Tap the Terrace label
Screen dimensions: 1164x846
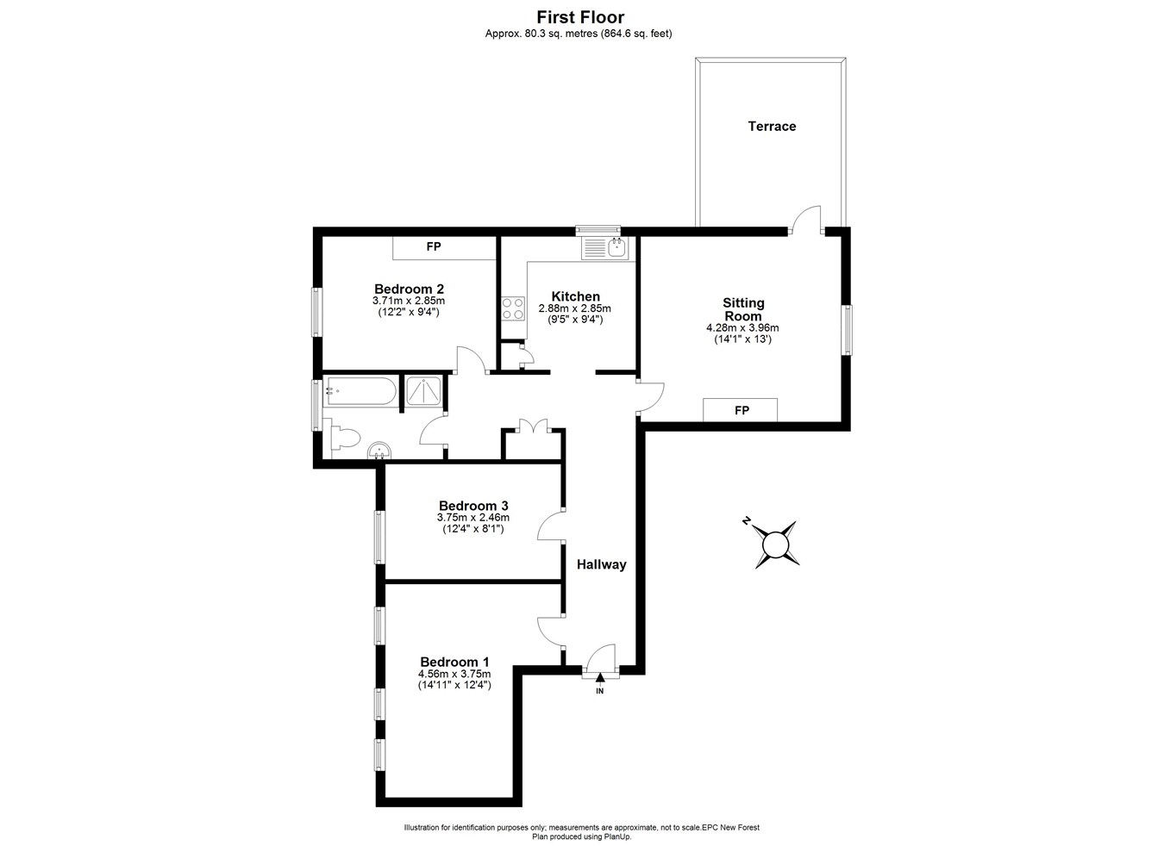tap(772, 127)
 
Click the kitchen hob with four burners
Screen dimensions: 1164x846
tap(513, 308)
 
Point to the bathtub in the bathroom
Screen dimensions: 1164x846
tap(360, 392)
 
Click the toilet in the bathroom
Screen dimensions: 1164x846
tap(343, 438)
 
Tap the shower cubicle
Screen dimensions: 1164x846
tap(423, 392)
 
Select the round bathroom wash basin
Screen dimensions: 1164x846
tap(379, 451)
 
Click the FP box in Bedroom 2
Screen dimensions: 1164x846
tap(434, 247)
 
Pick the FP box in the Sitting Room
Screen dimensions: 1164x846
tap(741, 410)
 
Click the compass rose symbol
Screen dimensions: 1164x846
tap(776, 544)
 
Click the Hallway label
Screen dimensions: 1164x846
tap(601, 565)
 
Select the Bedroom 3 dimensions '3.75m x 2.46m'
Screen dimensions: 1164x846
tap(473, 518)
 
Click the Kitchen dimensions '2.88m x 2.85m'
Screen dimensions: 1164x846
tap(574, 308)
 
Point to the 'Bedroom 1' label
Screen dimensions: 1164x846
tap(454, 662)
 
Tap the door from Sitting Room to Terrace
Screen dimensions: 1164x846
tap(808, 219)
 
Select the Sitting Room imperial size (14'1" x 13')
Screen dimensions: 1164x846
tap(742, 339)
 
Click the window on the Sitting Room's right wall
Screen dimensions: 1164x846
tap(847, 330)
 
